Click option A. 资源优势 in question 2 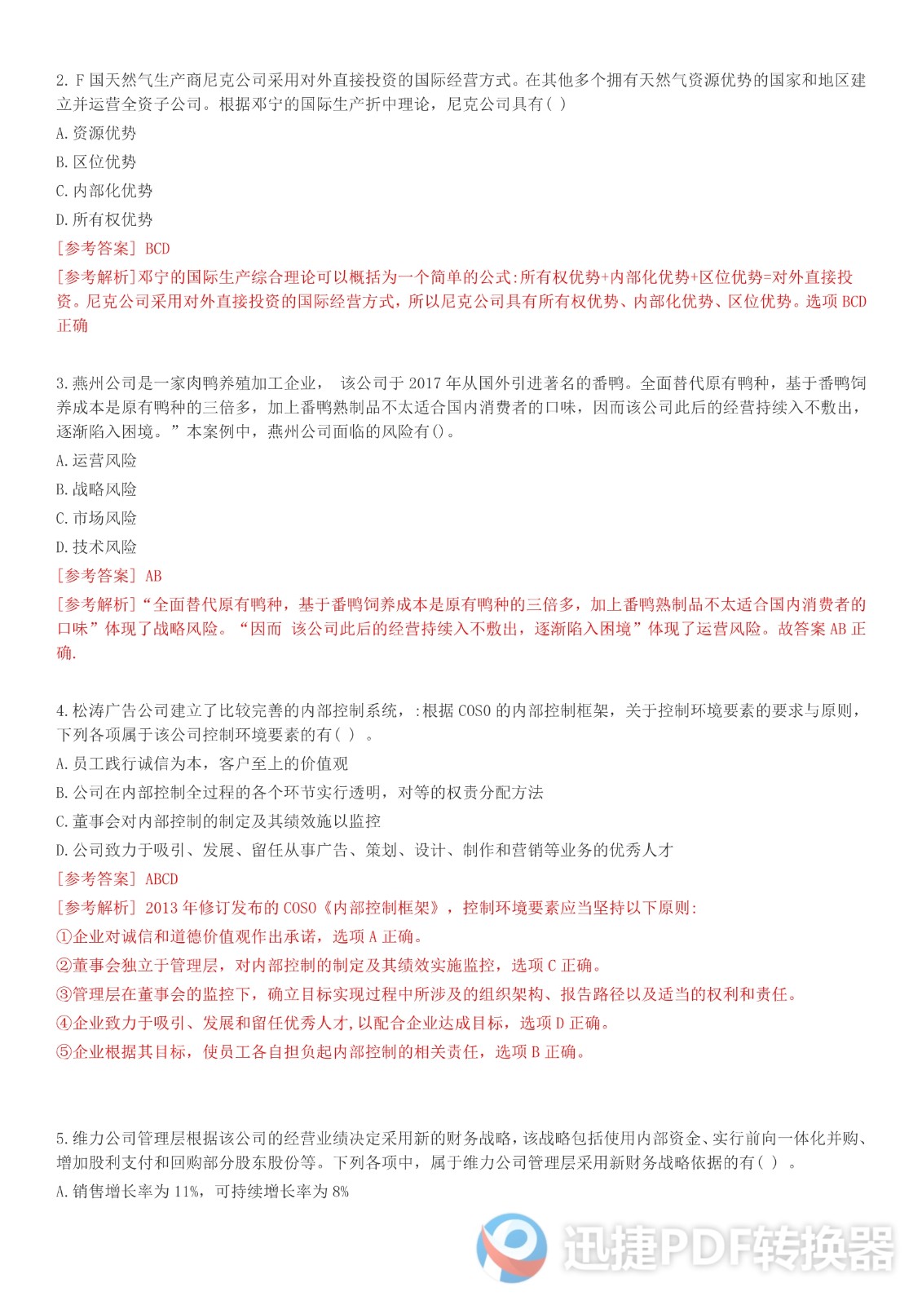[x=96, y=133]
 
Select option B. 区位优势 [x=96, y=161]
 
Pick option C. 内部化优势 [x=104, y=191]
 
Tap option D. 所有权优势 [x=104, y=219]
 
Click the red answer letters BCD [x=157, y=249]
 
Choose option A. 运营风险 [x=96, y=461]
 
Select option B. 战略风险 [x=96, y=489]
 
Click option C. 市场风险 [x=96, y=518]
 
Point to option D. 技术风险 [x=96, y=547]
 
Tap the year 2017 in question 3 [x=424, y=383]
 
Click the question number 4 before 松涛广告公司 [x=61, y=711]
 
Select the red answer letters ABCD [x=161, y=879]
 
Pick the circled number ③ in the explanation [x=64, y=994]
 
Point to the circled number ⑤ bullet [x=64, y=1052]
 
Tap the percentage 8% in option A [x=340, y=1192]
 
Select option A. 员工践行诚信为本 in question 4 [x=201, y=763]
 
